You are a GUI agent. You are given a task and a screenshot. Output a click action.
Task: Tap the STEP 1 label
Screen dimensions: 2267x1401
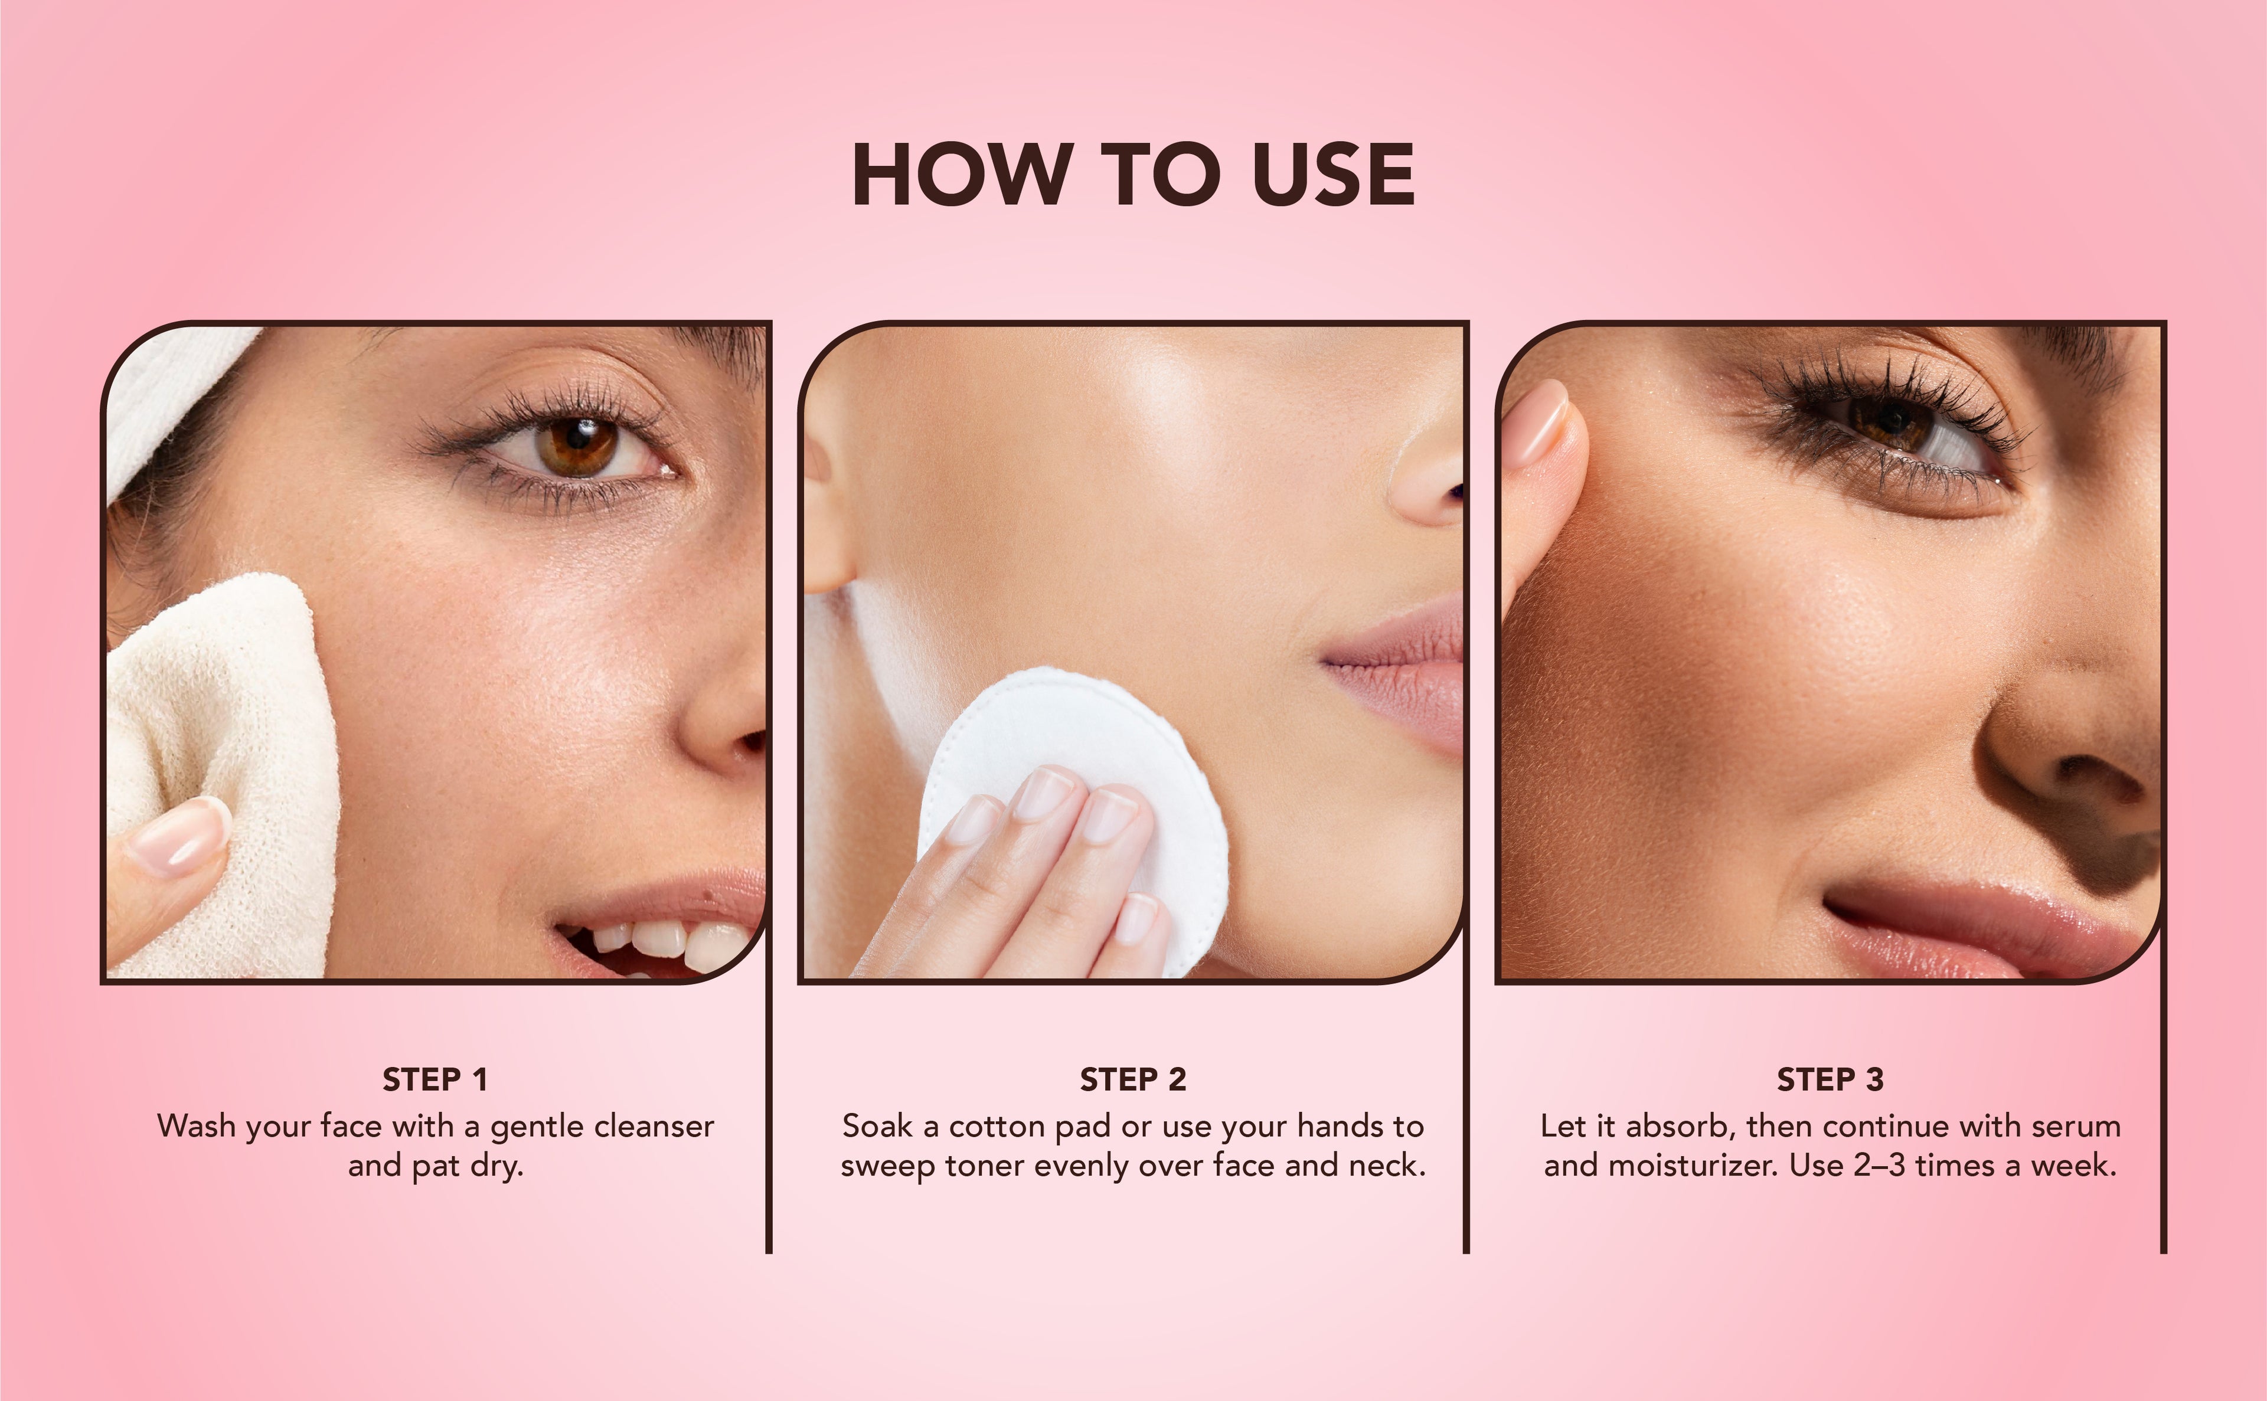(x=435, y=1079)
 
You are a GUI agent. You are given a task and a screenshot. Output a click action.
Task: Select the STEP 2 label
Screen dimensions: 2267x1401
(x=1132, y=1079)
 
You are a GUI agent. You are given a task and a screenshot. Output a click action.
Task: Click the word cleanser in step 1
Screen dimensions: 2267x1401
(x=654, y=1126)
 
